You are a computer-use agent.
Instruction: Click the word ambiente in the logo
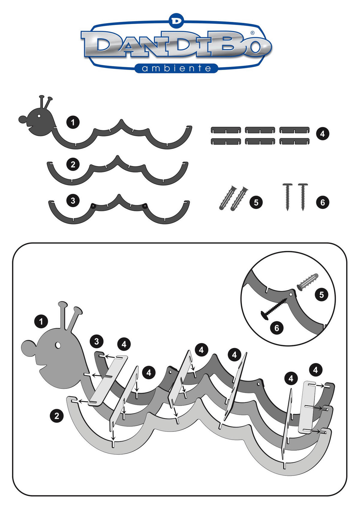pyautogui.click(x=176, y=68)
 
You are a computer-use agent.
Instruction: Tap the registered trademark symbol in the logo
pyautogui.click(x=253, y=33)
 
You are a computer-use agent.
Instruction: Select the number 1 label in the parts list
pyautogui.click(x=73, y=123)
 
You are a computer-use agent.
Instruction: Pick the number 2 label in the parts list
pyautogui.click(x=73, y=164)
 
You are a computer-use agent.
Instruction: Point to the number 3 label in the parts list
pyautogui.click(x=73, y=201)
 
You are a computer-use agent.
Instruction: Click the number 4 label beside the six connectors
pyautogui.click(x=322, y=133)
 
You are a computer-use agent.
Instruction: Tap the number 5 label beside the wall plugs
pyautogui.click(x=256, y=202)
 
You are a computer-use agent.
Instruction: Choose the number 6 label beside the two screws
pyautogui.click(x=322, y=202)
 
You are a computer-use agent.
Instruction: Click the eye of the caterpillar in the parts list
pyautogui.click(x=39, y=116)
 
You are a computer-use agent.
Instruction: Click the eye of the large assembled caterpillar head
pyautogui.click(x=58, y=345)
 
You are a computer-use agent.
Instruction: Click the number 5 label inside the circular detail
pyautogui.click(x=322, y=295)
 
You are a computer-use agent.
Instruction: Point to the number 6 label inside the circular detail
pyautogui.click(x=277, y=328)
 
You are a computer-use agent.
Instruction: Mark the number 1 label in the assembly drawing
pyautogui.click(x=41, y=322)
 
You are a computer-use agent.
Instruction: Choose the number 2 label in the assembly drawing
pyautogui.click(x=57, y=416)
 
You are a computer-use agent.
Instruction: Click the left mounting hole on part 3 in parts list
pyautogui.click(x=93, y=206)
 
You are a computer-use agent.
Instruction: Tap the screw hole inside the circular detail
pyautogui.click(x=291, y=294)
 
